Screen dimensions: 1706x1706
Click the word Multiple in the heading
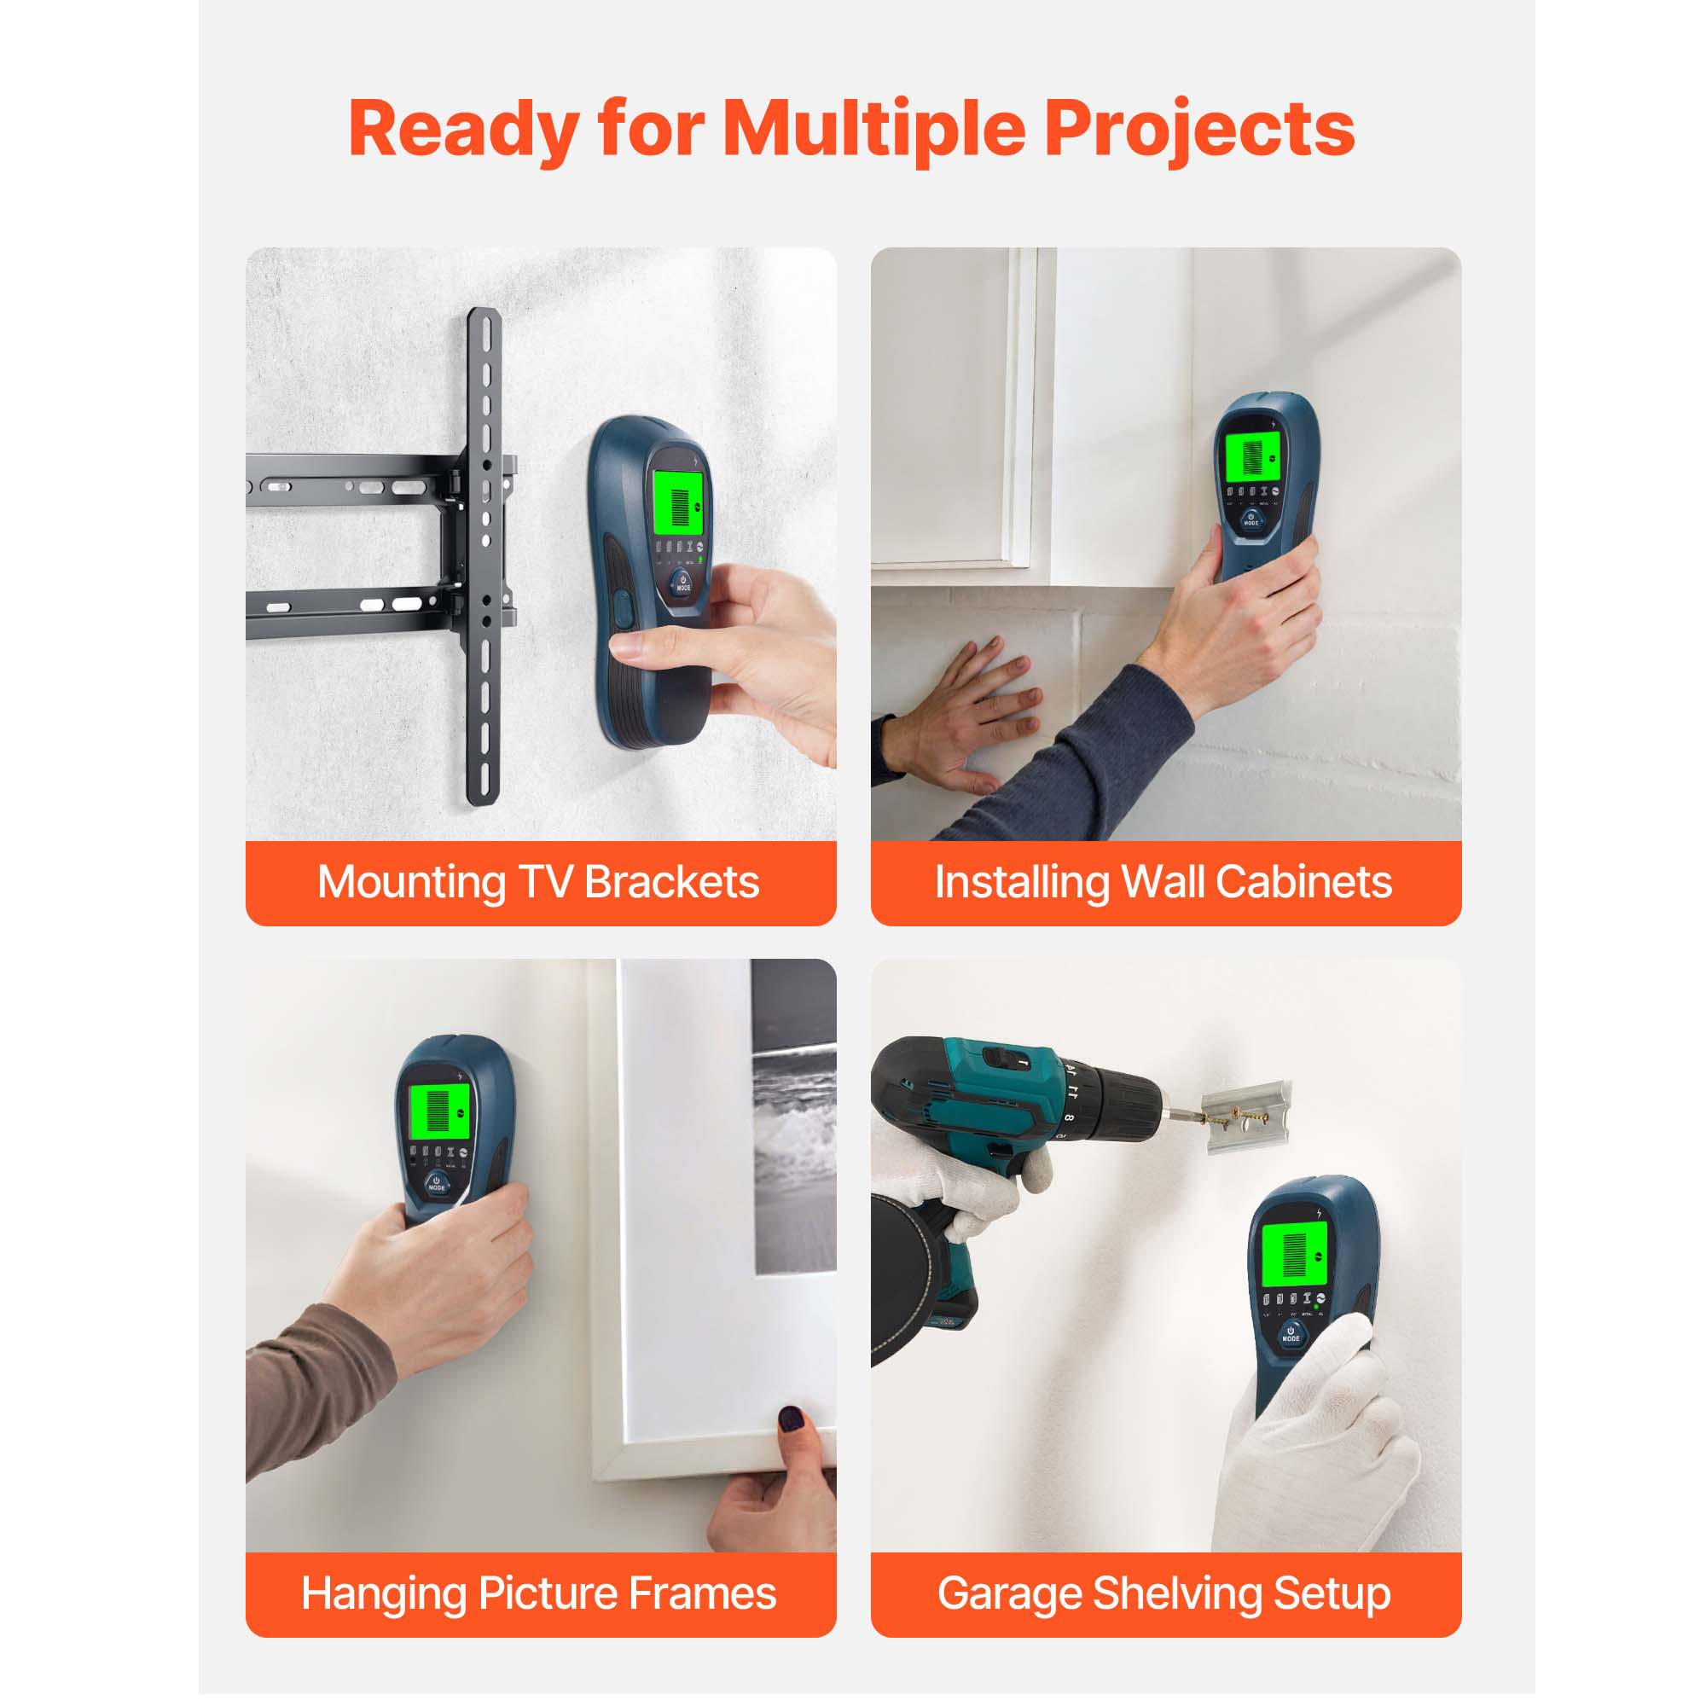[x=874, y=130]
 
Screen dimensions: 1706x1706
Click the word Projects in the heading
[x=1199, y=130]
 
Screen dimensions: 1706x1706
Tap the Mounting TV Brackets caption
[x=537, y=882]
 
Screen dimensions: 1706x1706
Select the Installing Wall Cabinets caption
[x=1163, y=882]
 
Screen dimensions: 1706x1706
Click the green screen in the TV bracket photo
[x=678, y=502]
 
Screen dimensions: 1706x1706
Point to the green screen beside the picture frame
[x=438, y=1111]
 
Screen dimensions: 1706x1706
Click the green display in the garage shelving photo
[x=1294, y=1255]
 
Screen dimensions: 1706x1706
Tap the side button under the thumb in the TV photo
[x=623, y=609]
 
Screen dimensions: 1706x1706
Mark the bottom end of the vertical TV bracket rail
[x=483, y=802]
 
